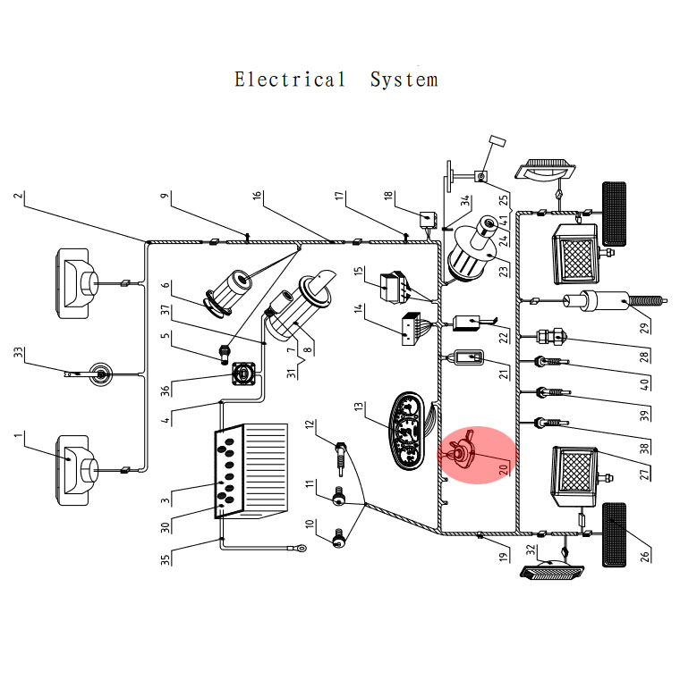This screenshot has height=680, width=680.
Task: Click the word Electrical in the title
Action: pyautogui.click(x=290, y=80)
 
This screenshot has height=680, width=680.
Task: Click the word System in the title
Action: pyautogui.click(x=404, y=80)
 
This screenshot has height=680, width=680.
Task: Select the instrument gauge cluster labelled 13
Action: pyautogui.click(x=407, y=431)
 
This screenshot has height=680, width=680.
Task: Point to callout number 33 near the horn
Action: pyautogui.click(x=18, y=352)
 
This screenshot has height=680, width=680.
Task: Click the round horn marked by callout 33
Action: pyautogui.click(x=101, y=374)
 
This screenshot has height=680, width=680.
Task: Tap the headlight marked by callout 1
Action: pyautogui.click(x=75, y=471)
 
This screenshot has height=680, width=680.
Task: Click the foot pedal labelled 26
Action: pyautogui.click(x=614, y=534)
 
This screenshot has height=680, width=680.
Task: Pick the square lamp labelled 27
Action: pyautogui.click(x=574, y=477)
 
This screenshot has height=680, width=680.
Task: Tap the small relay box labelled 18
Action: pyautogui.click(x=428, y=219)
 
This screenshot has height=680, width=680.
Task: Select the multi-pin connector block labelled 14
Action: pyautogui.click(x=412, y=329)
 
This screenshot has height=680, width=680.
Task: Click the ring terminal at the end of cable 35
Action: pyautogui.click(x=300, y=549)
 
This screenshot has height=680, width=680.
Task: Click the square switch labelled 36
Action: pyautogui.click(x=243, y=374)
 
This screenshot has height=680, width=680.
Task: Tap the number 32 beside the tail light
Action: pyautogui.click(x=531, y=550)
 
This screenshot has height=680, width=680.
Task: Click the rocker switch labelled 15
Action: pyautogui.click(x=394, y=287)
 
